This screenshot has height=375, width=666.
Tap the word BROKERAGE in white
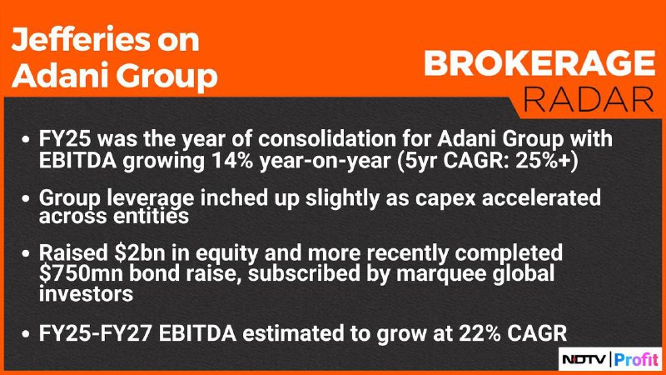539,64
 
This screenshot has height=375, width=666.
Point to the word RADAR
589,99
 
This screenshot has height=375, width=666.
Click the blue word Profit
636,360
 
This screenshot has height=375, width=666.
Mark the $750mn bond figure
81,274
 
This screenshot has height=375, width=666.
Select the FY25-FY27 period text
95,333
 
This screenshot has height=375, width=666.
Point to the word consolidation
345,138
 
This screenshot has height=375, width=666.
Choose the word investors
86,294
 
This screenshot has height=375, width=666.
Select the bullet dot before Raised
27,254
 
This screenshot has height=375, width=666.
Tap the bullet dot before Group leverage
27,198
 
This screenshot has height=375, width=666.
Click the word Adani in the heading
58,76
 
